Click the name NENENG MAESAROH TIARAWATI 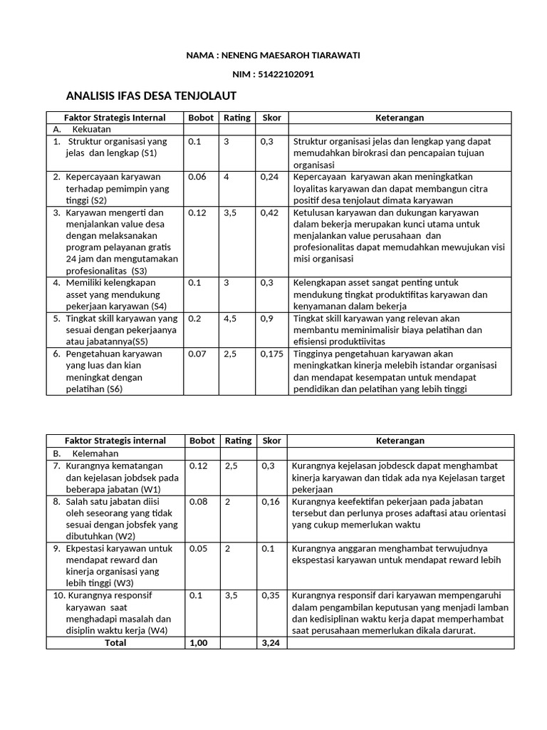tap(293, 55)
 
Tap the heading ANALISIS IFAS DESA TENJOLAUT tap(150, 96)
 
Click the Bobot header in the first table tap(201, 118)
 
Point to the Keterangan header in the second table tap(400, 441)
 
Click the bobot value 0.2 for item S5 tap(194, 318)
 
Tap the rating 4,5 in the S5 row tap(230, 318)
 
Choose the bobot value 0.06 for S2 tap(197, 176)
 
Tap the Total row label tap(115, 642)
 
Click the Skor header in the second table tap(271, 441)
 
